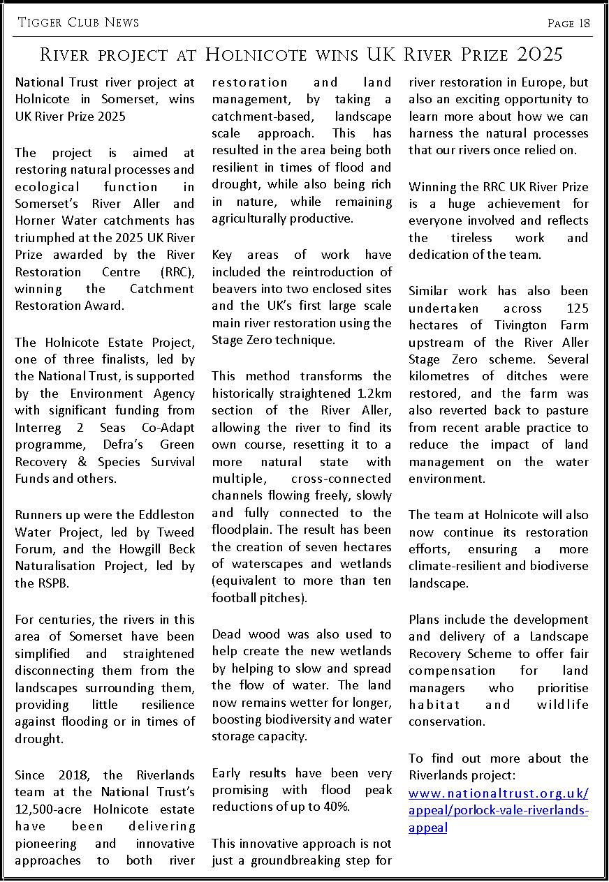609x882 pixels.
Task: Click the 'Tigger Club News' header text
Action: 78,22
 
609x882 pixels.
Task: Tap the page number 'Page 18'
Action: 568,23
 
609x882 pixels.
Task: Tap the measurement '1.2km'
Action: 374,393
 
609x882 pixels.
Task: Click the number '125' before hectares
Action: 574,308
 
